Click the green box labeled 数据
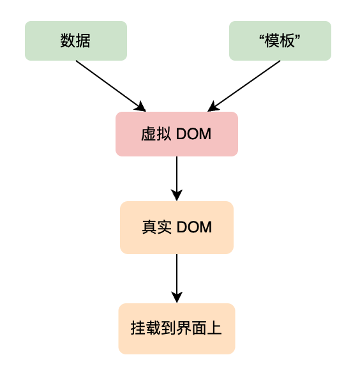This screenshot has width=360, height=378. pyautogui.click(x=76, y=41)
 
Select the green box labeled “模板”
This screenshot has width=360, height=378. pyautogui.click(x=280, y=41)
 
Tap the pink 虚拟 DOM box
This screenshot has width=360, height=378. pyautogui.click(x=177, y=134)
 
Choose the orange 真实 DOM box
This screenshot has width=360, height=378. pyautogui.click(x=177, y=227)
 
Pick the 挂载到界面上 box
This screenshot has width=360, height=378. pyautogui.click(x=177, y=329)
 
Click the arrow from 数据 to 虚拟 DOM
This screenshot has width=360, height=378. pyautogui.click(x=111, y=86)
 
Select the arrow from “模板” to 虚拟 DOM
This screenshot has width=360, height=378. pyautogui.click(x=244, y=86)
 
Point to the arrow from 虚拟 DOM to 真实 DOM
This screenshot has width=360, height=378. pyautogui.click(x=177, y=179)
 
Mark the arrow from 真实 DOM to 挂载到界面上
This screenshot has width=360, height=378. pyautogui.click(x=177, y=278)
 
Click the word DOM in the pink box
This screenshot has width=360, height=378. pyautogui.click(x=194, y=134)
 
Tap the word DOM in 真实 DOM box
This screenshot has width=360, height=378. pyautogui.click(x=194, y=227)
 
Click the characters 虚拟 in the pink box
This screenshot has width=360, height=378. pyautogui.click(x=156, y=134)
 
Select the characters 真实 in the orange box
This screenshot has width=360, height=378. pyautogui.click(x=157, y=227)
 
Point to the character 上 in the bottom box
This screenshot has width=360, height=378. pyautogui.click(x=214, y=328)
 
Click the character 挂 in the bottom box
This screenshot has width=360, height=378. pyautogui.click(x=138, y=328)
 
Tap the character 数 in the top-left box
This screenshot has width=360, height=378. pyautogui.click(x=68, y=40)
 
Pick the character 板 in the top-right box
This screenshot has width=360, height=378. pyautogui.click(x=287, y=40)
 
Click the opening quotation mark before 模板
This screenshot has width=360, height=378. pyautogui.click(x=262, y=37)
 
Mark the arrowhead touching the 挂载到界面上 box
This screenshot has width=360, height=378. pyautogui.click(x=177, y=298)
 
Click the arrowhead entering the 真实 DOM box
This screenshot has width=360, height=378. pyautogui.click(x=177, y=195)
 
